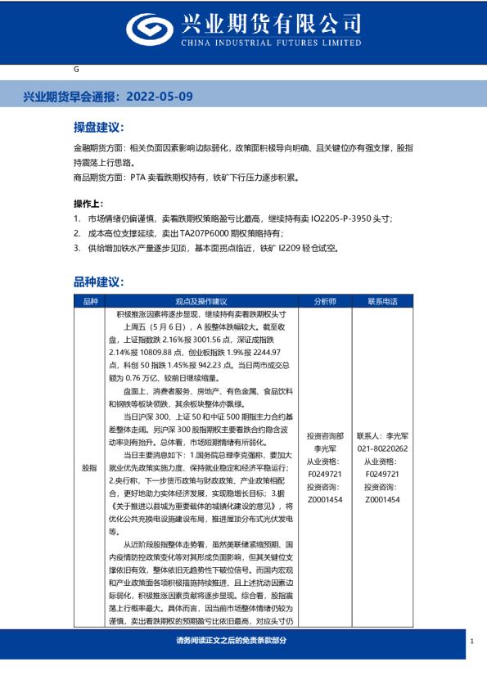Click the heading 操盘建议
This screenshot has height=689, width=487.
(98, 128)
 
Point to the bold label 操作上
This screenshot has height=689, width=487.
(90, 203)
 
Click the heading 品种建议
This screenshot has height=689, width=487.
(98, 281)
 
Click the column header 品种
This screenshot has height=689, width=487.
(90, 301)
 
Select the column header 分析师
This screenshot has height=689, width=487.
(325, 301)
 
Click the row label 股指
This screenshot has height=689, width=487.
(90, 468)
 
